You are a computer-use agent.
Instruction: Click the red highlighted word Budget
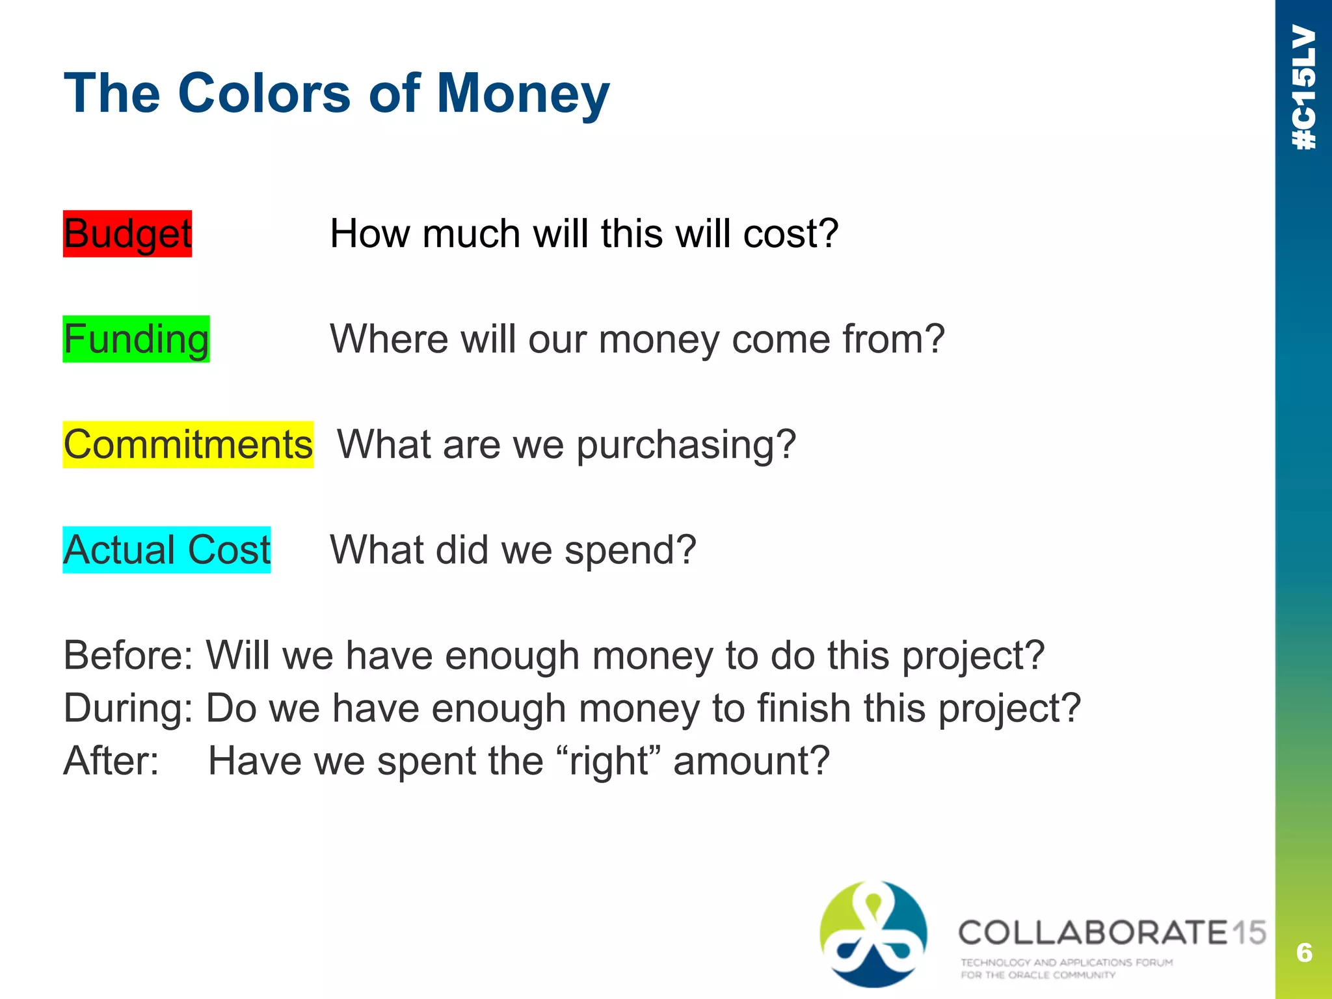pos(127,234)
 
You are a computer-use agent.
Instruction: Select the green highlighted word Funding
pos(136,340)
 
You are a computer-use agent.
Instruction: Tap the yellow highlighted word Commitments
pos(188,445)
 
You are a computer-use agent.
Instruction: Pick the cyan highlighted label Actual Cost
pos(166,550)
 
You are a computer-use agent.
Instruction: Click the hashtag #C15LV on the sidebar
pos(1304,87)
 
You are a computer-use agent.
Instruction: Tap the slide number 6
pos(1303,953)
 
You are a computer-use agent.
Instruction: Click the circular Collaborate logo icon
pos(873,934)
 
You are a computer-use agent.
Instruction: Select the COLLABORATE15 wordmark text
pos(1112,933)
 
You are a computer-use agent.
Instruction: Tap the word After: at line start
pos(111,761)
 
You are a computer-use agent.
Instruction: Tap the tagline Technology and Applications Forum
pos(1067,963)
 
